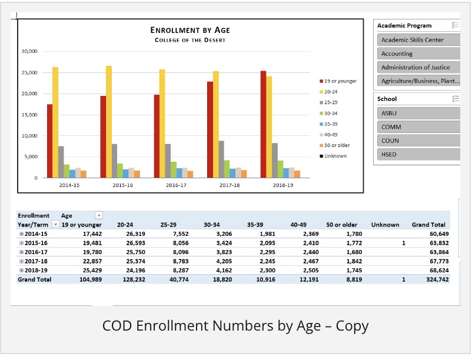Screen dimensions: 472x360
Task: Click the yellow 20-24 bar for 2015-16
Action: (109, 122)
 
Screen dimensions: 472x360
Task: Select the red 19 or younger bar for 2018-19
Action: (264, 124)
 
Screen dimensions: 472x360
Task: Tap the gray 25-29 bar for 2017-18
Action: (221, 159)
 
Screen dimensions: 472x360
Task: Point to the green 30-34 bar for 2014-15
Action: (67, 171)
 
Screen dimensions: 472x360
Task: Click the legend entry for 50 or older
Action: (335, 145)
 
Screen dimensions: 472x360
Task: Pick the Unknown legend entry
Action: (333, 156)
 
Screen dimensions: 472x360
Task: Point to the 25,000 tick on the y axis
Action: (29, 72)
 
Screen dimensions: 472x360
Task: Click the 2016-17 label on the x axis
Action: (176, 185)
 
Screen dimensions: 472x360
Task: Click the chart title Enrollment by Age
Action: (190, 30)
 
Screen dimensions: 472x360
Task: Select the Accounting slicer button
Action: (418, 54)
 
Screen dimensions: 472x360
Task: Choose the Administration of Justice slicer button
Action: (418, 67)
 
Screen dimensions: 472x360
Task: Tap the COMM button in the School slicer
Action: (418, 127)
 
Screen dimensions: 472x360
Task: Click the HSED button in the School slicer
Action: (418, 154)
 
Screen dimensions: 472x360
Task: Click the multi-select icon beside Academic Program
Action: (455, 25)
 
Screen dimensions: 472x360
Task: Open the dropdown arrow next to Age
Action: (99, 215)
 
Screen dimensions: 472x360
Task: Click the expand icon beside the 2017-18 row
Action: (21, 261)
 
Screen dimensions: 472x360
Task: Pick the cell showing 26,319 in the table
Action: (135, 234)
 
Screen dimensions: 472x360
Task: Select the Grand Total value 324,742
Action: (437, 279)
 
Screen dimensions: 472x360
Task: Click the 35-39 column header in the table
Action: (255, 225)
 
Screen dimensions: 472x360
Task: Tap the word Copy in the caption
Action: (352, 326)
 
